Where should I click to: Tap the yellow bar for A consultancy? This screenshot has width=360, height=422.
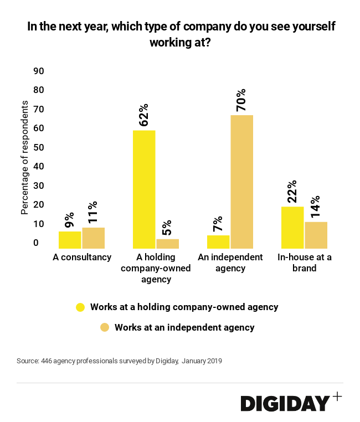click(x=70, y=240)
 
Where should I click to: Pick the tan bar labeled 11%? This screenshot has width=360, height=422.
click(x=93, y=238)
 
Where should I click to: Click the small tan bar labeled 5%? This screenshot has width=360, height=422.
click(x=167, y=244)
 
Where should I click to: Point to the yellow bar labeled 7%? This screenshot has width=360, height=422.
click(x=218, y=242)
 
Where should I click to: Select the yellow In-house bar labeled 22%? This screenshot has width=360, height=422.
click(x=292, y=228)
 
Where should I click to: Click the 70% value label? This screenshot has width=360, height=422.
click(x=241, y=100)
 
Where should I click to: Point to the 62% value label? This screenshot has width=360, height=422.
click(x=144, y=115)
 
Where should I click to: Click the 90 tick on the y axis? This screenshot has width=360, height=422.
click(x=39, y=71)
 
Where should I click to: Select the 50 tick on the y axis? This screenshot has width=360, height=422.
click(x=39, y=147)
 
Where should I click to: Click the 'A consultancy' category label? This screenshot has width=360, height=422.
click(x=82, y=258)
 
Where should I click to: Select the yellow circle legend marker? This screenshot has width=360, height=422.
click(x=80, y=307)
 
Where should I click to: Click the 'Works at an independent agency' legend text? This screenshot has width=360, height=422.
click(x=184, y=327)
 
